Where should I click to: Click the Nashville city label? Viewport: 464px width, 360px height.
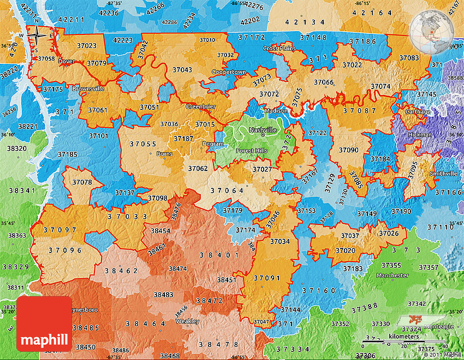[x=263, y=130]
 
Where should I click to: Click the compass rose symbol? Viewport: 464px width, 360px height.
[x=37, y=36]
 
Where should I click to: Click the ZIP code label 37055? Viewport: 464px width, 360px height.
[x=144, y=144]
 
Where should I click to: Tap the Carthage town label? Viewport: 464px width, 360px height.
[x=418, y=111]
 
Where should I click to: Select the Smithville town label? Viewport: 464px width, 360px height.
[x=443, y=173]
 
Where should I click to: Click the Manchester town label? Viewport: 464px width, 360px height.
[x=392, y=275]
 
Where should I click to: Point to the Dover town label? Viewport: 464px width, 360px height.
[x=66, y=61]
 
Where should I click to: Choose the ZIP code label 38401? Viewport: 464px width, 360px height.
[x=218, y=255]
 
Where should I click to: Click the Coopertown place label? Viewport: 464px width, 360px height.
[x=229, y=72]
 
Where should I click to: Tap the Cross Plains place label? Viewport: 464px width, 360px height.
[x=279, y=49]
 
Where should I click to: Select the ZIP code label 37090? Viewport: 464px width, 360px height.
[x=348, y=150]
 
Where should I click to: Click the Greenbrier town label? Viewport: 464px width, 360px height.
[x=200, y=106]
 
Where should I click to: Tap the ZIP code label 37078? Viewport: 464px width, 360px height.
[x=82, y=182]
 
